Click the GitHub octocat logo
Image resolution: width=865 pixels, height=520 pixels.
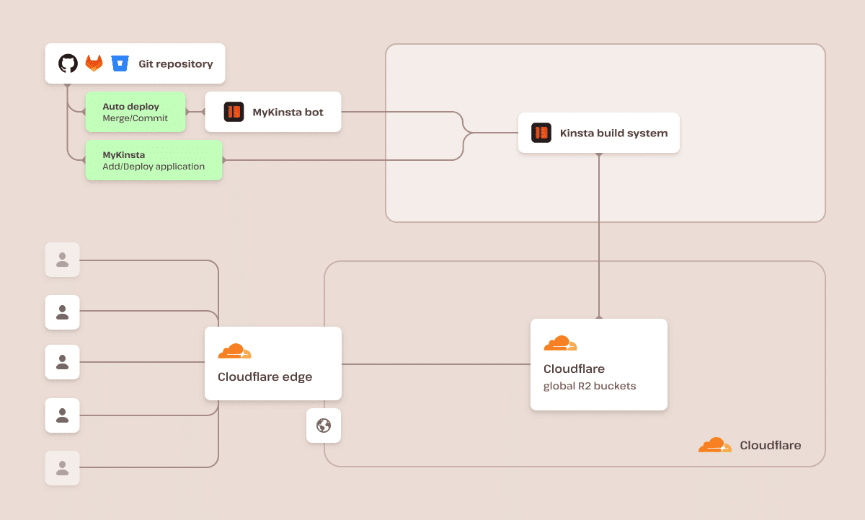[68, 63]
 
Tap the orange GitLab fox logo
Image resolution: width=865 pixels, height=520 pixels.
[94, 63]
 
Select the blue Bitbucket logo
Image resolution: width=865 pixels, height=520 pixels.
[120, 63]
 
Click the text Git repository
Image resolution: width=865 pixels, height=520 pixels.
[175, 64]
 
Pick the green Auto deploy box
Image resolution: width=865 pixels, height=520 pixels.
[136, 112]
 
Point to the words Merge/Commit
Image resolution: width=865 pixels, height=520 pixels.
[135, 118]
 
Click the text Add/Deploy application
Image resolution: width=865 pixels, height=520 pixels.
[154, 167]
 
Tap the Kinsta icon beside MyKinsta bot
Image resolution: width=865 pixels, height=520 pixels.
[234, 112]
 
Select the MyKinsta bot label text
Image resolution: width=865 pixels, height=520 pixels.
[288, 113]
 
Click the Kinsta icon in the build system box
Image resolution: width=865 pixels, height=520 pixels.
[541, 133]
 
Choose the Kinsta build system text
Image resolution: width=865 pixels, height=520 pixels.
[613, 133]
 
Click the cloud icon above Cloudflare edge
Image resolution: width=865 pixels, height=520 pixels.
[234, 352]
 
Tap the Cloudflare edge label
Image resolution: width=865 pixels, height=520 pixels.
[265, 377]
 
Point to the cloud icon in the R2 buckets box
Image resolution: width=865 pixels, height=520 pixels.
[560, 343]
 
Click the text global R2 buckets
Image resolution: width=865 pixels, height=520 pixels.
[590, 386]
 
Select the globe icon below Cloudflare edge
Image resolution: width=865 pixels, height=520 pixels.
[324, 426]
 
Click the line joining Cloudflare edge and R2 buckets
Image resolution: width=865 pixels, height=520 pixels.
[435, 364]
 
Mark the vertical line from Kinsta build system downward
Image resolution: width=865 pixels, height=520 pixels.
[599, 238]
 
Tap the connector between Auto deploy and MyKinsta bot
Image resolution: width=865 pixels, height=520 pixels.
[195, 112]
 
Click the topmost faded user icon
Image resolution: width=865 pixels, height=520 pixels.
[63, 260]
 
